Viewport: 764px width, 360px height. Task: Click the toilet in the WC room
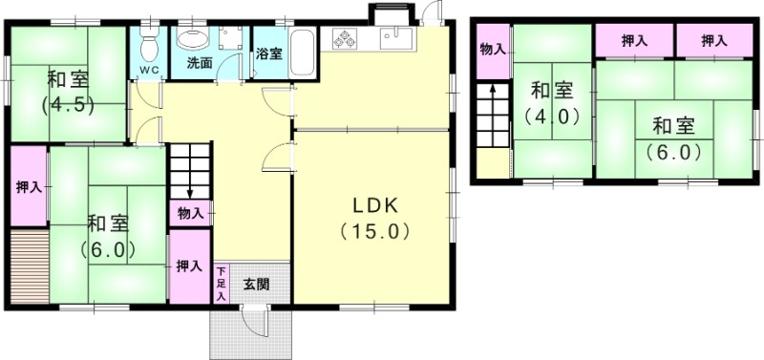[x=148, y=43]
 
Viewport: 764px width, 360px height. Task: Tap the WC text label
[x=149, y=71]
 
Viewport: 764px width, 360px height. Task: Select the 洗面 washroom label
[x=199, y=64]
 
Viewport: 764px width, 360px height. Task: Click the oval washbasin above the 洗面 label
[x=193, y=38]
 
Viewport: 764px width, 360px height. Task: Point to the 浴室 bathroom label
[x=268, y=54]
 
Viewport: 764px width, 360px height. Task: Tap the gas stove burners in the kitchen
[x=345, y=39]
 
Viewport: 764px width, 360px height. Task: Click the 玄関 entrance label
[x=255, y=284]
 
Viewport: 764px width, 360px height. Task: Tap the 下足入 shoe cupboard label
[x=221, y=284]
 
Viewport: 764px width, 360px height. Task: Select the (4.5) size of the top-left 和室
[x=67, y=105]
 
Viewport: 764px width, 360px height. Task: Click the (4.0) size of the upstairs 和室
[x=552, y=117]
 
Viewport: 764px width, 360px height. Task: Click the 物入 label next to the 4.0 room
[x=492, y=48]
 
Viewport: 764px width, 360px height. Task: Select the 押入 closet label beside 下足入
[x=188, y=266]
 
